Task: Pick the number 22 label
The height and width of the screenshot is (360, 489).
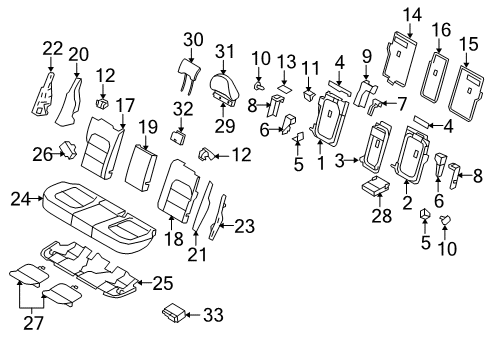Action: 52,46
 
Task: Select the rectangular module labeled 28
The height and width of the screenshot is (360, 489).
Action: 377,188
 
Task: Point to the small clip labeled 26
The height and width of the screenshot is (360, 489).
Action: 70,151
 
